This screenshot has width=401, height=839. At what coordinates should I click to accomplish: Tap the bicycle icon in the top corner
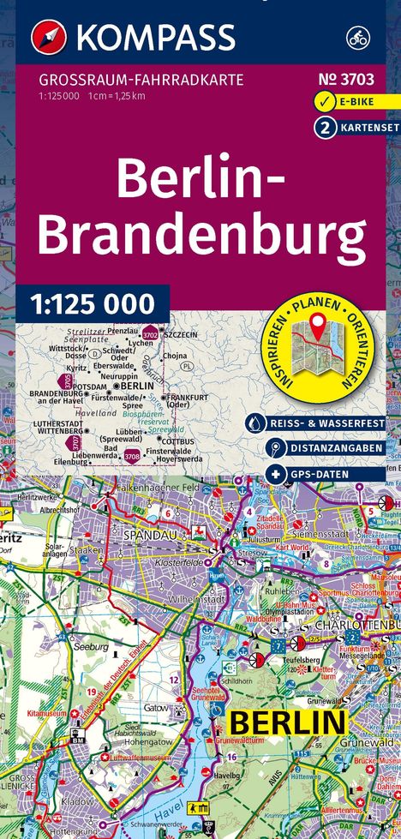(x=357, y=38)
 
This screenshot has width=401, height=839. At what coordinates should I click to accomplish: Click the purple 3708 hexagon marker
(x=133, y=456)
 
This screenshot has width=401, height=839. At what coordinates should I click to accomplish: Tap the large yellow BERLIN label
(x=285, y=722)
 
